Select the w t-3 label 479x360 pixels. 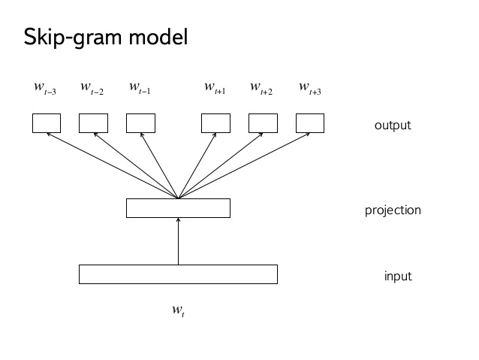45,89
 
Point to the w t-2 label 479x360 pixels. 92,89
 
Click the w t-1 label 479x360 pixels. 140,89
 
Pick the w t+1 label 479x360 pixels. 215,89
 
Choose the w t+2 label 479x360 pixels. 261,89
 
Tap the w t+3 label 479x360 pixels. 310,89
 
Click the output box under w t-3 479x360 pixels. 46,123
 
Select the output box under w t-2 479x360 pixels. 93,123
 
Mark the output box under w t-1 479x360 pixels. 140,123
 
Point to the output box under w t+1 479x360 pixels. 215,123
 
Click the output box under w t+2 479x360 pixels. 263,123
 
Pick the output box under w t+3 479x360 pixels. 310,123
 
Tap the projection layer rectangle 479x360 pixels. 178,208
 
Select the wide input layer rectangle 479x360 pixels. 178,274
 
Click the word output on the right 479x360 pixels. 393,126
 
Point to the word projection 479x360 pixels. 393,210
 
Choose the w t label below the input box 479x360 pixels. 178,310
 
